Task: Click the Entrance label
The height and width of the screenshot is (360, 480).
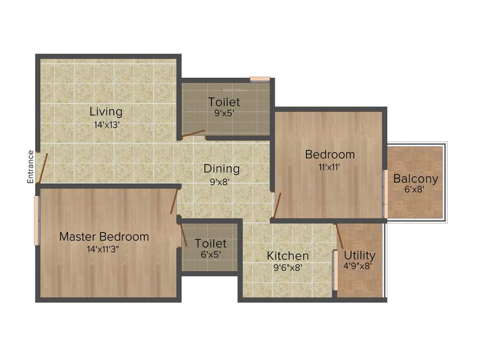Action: click(x=30, y=166)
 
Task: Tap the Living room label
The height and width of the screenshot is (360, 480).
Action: click(x=106, y=112)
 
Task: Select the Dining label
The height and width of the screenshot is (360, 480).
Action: click(x=221, y=168)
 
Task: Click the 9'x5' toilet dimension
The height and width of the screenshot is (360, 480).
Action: click(x=224, y=113)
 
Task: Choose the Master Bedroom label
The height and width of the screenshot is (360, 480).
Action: click(x=104, y=237)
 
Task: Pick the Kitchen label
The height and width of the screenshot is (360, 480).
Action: click(x=288, y=256)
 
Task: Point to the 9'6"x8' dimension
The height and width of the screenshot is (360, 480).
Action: click(x=288, y=268)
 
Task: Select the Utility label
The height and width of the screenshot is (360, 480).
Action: click(x=360, y=255)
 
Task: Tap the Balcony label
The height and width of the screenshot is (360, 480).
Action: click(x=415, y=179)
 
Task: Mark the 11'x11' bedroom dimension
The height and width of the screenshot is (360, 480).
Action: click(x=330, y=166)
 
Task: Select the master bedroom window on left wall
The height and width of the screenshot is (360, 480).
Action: click(x=37, y=220)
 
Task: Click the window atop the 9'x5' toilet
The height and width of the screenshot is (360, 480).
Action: click(x=259, y=79)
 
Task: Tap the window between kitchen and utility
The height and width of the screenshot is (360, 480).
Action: click(x=335, y=271)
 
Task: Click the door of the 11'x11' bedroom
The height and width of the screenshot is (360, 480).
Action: click(x=277, y=205)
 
